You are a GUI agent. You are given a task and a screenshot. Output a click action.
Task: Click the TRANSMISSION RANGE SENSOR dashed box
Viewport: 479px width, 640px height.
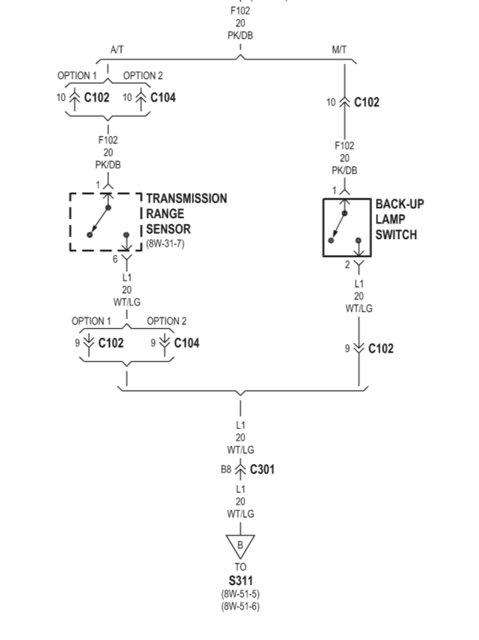click(105, 222)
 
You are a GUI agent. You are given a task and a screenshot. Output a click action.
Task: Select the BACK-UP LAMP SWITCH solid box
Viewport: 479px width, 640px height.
click(347, 227)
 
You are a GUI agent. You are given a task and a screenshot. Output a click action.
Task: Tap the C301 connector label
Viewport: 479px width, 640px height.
click(261, 469)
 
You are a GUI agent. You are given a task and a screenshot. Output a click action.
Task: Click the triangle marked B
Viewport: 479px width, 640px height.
click(241, 544)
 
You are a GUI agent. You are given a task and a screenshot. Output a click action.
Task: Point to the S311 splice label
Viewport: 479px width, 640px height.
click(241, 581)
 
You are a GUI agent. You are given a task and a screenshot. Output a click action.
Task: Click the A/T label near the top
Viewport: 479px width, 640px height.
click(117, 50)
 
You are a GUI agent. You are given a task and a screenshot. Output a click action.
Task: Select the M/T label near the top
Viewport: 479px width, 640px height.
click(339, 50)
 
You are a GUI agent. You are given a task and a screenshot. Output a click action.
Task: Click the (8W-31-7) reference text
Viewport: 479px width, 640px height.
click(165, 244)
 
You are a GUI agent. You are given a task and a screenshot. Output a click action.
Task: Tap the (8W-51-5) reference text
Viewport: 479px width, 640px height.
click(241, 594)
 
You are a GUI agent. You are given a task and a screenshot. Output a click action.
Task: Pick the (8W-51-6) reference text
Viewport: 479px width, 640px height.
click(241, 606)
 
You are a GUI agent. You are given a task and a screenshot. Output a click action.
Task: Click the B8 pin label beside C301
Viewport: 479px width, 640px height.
click(226, 469)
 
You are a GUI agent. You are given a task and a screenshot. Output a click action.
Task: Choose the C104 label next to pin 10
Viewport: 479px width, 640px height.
click(163, 97)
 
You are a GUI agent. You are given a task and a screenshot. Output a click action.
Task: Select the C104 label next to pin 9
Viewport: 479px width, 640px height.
click(186, 343)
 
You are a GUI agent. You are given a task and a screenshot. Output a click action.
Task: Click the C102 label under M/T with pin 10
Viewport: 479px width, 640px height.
click(367, 102)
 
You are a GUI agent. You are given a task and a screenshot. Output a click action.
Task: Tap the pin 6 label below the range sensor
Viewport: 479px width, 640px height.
click(116, 259)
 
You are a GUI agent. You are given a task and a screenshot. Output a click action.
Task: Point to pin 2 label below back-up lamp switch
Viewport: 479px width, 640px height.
click(347, 265)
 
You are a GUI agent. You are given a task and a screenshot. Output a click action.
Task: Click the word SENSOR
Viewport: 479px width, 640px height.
click(168, 229)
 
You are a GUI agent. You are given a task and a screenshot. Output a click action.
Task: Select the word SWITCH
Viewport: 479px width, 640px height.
click(396, 235)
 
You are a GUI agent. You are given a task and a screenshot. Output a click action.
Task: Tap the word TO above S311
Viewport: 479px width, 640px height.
click(241, 567)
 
